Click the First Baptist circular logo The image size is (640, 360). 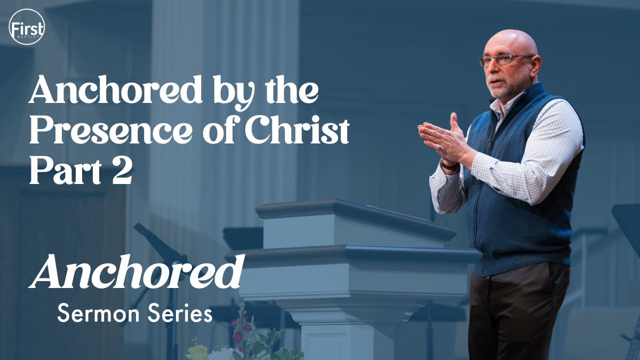tap(27, 27)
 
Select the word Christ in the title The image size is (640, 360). tap(297, 130)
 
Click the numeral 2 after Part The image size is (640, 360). tap(122, 171)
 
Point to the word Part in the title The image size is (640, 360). tap(66, 171)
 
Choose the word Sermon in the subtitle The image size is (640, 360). tap(98, 313)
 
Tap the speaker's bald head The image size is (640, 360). tap(510, 43)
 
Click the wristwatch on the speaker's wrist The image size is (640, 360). tap(449, 166)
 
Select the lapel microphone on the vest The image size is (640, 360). tap(490, 143)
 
